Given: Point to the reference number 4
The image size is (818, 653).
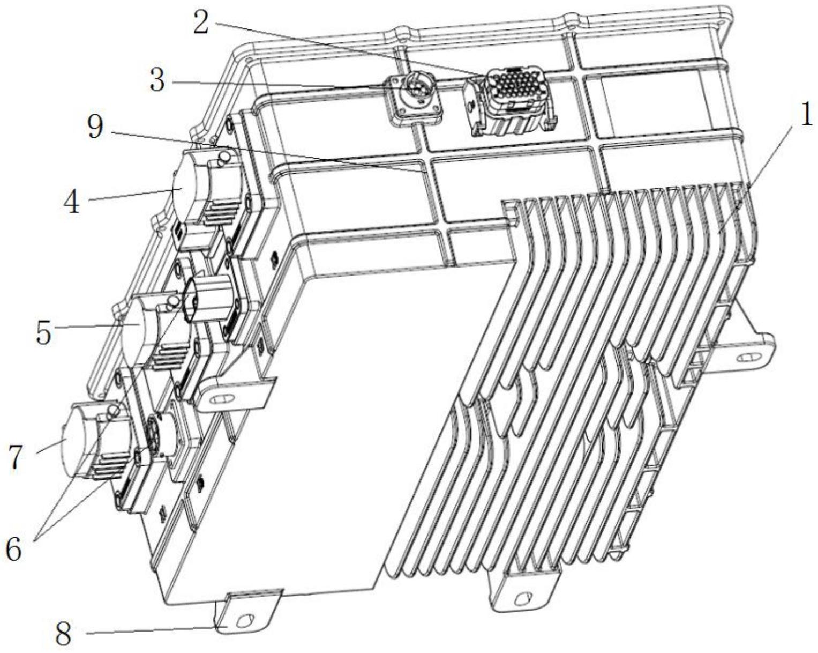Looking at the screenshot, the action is tap(71, 203).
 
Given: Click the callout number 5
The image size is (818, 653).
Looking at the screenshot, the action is tap(43, 333).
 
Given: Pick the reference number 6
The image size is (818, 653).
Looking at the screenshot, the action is tap(14, 548).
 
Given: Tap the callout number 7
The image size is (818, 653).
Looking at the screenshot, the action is tap(14, 457).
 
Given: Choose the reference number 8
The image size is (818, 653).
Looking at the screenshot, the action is tap(63, 634).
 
